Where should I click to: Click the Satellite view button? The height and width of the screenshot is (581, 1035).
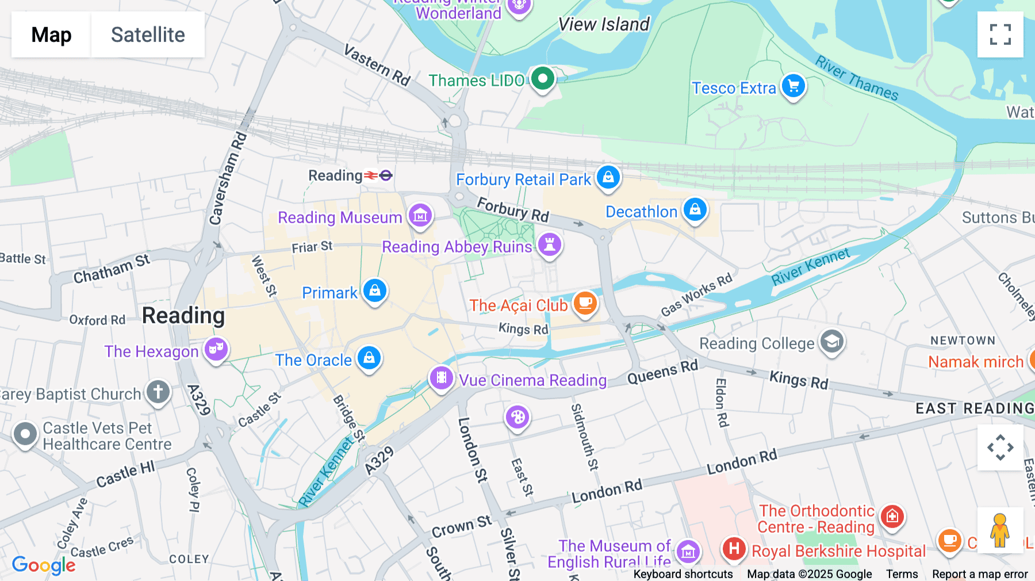(x=148, y=35)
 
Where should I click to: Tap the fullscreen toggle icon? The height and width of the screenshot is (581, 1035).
(x=1000, y=35)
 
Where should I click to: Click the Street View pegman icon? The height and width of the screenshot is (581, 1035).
(x=1000, y=530)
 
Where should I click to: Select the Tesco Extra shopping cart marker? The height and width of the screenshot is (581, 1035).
(x=793, y=86)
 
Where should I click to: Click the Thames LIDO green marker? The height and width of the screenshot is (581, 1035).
(x=542, y=78)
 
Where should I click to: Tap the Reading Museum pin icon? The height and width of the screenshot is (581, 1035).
(x=420, y=216)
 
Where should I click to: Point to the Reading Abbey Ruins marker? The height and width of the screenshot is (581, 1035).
(x=550, y=245)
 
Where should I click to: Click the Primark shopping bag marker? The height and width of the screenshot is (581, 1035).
(x=375, y=291)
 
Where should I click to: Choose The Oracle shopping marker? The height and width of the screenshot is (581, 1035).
(x=369, y=358)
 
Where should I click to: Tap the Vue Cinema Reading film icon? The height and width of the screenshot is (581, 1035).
(x=442, y=378)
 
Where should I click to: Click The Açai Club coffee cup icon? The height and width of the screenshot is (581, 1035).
(x=585, y=303)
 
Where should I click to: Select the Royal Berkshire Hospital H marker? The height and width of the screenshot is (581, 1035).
(x=734, y=549)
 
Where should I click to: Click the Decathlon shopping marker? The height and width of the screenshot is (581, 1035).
(x=695, y=210)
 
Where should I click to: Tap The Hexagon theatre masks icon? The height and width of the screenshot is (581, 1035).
(x=216, y=349)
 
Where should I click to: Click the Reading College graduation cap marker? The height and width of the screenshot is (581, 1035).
(x=831, y=342)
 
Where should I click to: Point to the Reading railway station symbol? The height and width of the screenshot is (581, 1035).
(x=378, y=175)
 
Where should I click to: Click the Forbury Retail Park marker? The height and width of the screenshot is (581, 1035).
(x=608, y=178)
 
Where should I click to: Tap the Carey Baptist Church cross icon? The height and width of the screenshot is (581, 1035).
(x=158, y=392)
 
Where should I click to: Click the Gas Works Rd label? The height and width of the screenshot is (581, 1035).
(x=696, y=295)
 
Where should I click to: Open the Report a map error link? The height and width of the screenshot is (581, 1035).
(x=980, y=574)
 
